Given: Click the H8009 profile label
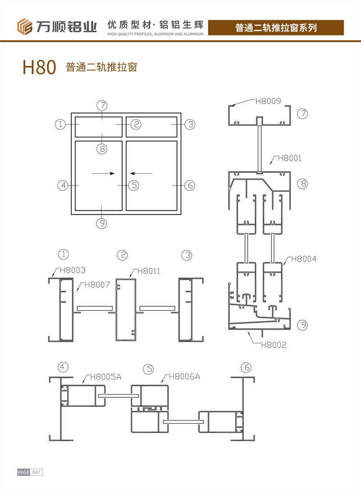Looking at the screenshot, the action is click(x=268, y=101).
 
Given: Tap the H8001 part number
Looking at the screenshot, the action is click(x=289, y=158).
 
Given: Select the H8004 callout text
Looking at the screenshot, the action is click(x=304, y=259).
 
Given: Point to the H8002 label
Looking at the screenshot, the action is click(x=273, y=345).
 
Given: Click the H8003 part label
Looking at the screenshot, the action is click(x=72, y=270).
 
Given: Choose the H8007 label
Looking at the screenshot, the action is click(x=97, y=285).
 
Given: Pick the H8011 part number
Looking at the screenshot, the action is click(x=148, y=271).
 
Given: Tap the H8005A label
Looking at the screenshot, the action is click(x=106, y=377).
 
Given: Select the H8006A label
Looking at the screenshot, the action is click(x=184, y=376).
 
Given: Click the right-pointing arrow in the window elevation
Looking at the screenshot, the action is click(x=104, y=173).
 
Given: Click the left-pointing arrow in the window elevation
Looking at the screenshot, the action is click(x=141, y=173).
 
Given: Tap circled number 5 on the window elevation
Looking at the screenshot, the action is click(x=134, y=185).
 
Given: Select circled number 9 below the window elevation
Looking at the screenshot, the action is click(x=102, y=224).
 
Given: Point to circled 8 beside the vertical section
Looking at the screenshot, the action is click(x=303, y=184).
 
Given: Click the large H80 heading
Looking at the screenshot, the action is click(x=39, y=67).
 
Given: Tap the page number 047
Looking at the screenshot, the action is click(x=37, y=472).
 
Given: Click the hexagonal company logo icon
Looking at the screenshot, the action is click(x=24, y=27).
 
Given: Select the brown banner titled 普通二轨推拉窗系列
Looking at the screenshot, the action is click(x=276, y=28).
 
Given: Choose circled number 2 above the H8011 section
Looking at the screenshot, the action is click(x=122, y=255).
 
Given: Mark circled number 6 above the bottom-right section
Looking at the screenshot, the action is click(x=246, y=367).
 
